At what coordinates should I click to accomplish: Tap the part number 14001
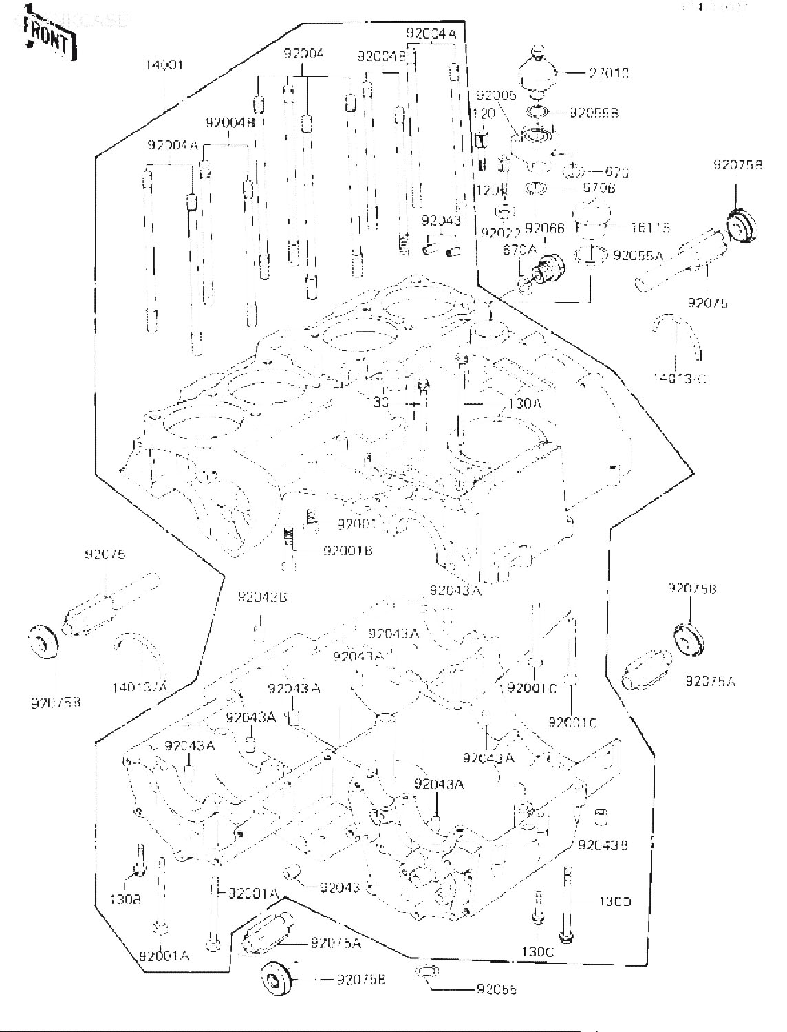[164, 65]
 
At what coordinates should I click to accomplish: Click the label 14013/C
[680, 378]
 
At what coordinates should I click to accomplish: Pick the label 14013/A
[141, 686]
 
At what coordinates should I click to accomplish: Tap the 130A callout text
[524, 405]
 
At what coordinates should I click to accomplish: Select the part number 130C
[537, 952]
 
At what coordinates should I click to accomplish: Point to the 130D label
[614, 902]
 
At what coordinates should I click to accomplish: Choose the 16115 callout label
[651, 227]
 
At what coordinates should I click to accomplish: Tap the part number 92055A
[638, 255]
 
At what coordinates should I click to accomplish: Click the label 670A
[521, 250]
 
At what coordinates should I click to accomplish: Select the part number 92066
[545, 228]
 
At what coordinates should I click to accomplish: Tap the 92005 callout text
[495, 96]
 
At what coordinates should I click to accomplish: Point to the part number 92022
[499, 233]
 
